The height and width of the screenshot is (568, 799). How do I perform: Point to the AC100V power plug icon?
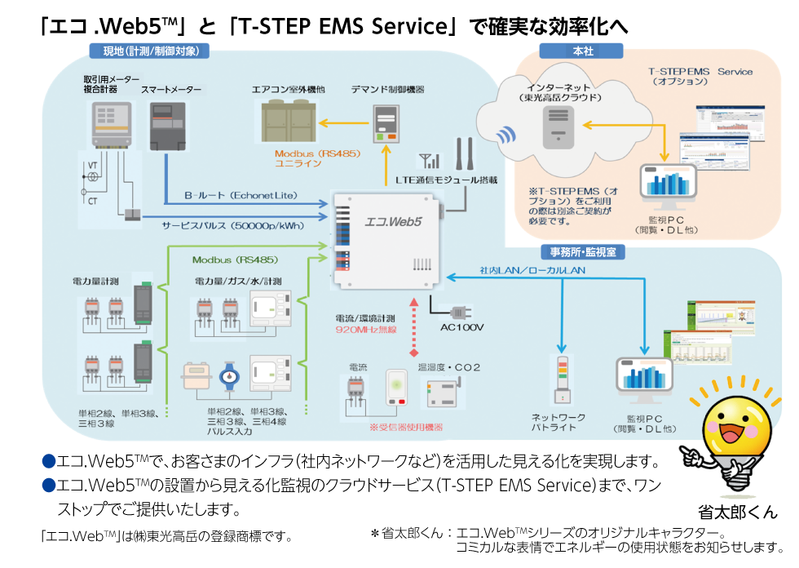[455, 312]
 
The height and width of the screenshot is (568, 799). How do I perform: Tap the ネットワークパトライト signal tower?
[561, 379]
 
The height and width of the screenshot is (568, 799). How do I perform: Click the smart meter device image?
[167, 125]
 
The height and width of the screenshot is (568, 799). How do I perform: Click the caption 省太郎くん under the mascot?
[739, 513]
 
